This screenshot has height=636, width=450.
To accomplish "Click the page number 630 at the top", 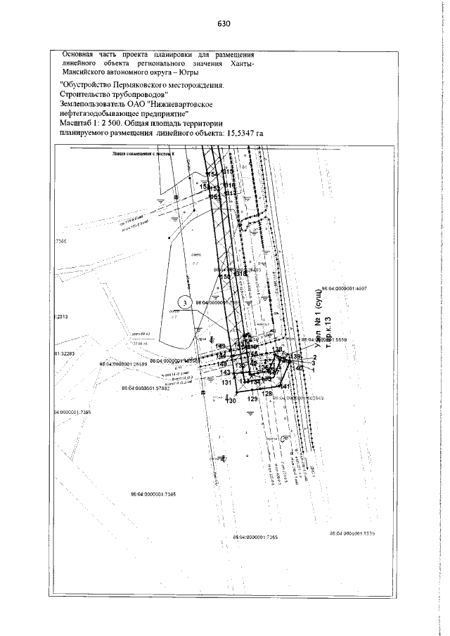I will click(224, 22).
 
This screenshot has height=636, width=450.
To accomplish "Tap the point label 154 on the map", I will click(211, 174).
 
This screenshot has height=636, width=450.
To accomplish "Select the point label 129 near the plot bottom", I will click(254, 398).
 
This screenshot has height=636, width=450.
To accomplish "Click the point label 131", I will click(227, 383).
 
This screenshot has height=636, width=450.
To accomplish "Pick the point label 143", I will click(226, 372).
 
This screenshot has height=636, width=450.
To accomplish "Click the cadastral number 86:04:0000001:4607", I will click(350, 288).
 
